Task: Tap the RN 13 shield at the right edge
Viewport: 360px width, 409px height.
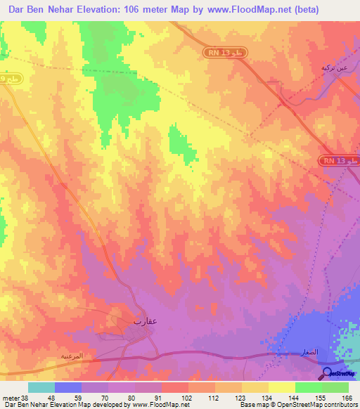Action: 340,161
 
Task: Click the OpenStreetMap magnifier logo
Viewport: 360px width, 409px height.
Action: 327,372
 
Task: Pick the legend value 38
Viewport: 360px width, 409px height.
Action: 24,397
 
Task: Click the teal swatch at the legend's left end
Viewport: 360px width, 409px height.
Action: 41,387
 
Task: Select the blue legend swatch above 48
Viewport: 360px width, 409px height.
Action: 67,387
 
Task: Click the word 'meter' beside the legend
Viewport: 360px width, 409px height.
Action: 10,397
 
